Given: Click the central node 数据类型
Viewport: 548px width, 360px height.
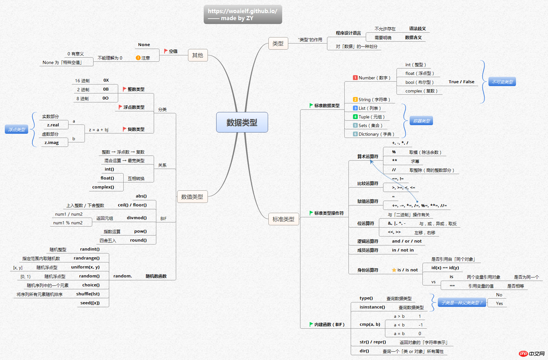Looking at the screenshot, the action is point(242,122).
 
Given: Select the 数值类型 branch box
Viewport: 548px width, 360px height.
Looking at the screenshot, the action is point(192,197).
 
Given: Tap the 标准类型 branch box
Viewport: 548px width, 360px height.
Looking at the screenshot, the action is point(283,219).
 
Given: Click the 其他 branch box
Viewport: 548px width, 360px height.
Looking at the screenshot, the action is point(198,55).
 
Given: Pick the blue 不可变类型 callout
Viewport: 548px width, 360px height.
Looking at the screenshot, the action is point(502,82).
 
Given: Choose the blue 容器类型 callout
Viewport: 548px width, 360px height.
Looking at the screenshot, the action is point(421,121).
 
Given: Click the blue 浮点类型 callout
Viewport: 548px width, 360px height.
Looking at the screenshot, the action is point(17,129).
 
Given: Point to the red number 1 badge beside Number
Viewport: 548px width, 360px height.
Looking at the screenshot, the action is point(355,78).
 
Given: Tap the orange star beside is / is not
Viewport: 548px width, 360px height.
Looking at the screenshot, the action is point(394,270).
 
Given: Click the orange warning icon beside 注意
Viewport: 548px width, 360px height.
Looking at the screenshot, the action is point(138,58).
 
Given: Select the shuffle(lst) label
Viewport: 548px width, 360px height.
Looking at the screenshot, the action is point(88,294).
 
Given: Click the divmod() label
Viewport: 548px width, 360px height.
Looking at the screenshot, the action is point(137,218).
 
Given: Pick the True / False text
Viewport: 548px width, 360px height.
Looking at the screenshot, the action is point(462,82).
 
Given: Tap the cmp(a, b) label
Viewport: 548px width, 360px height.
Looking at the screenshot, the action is point(370,324).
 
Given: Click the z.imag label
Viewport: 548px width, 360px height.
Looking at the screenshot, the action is point(52,142).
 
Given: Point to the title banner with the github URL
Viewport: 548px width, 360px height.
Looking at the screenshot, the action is point(243,14).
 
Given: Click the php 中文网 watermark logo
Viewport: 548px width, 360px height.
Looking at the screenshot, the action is point(531,353).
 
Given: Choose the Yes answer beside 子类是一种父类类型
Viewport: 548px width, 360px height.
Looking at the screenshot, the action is point(499,303).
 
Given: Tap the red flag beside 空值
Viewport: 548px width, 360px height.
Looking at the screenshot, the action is point(166,51).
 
